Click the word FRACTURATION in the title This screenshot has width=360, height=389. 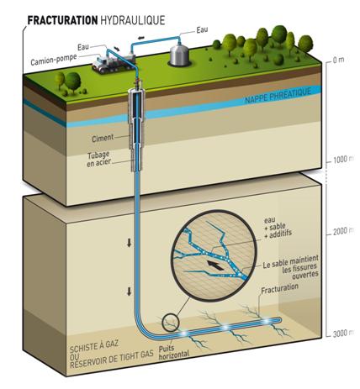tap(62, 20)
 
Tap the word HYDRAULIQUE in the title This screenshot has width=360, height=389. tap(132, 20)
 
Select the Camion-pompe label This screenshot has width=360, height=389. tap(54, 60)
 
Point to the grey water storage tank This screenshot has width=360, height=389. tap(179, 54)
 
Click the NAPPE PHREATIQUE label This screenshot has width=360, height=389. tap(278, 96)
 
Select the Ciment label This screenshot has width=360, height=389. tap(103, 138)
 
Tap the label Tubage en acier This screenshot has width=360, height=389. tap(98, 159)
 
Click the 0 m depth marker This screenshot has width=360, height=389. tap(338, 60)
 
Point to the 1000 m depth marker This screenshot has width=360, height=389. tap(343, 160)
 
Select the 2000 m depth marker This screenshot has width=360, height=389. tap(343, 231)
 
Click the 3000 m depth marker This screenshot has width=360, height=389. tap(343, 334)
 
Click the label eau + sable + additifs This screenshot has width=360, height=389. tap(278, 227)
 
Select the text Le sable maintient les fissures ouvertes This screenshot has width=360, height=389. tap(291, 267)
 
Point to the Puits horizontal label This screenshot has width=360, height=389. tap(174, 351)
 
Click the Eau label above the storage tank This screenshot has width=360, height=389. tap(202, 30)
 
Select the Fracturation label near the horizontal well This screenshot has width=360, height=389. tap(279, 288)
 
